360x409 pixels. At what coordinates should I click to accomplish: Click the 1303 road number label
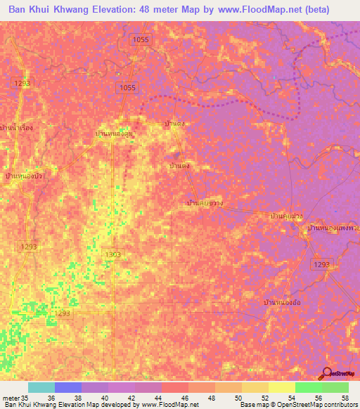click(x=112, y=254)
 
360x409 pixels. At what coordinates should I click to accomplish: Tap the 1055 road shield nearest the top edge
click(x=141, y=40)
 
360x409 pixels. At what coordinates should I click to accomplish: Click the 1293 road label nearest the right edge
click(x=321, y=264)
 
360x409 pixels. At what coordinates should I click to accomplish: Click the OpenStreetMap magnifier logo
click(x=326, y=373)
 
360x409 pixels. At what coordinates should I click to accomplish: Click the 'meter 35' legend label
click(x=18, y=398)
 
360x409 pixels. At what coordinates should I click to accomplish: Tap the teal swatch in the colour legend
click(x=41, y=387)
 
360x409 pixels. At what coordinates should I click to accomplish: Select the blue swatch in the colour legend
click(x=67, y=387)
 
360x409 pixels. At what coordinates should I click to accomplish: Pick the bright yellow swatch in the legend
click(x=281, y=387)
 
